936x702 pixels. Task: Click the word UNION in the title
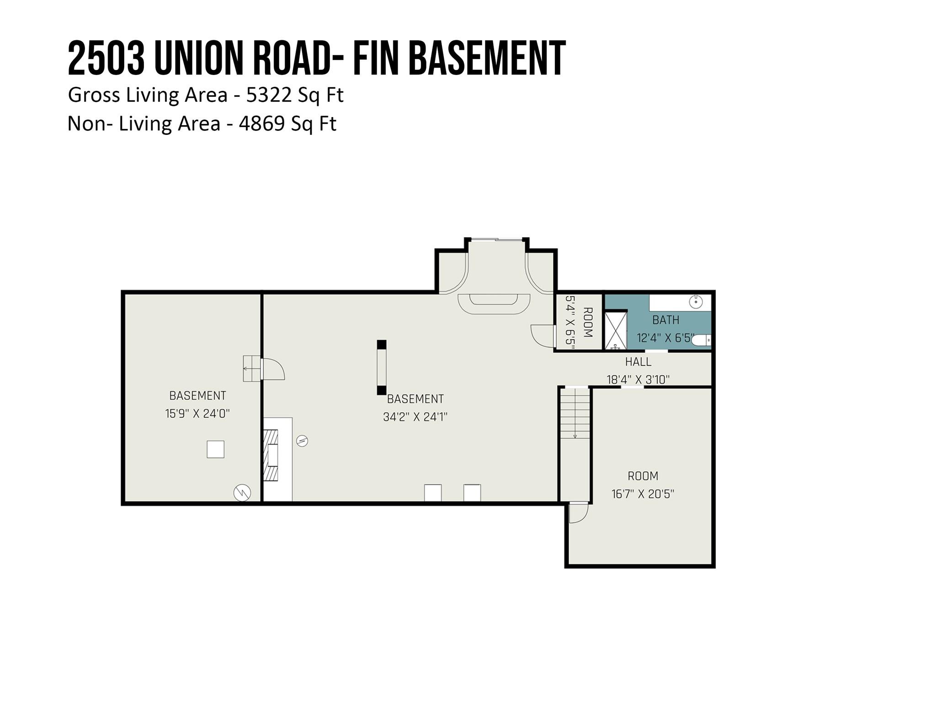coord(199,58)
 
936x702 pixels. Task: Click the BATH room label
coord(665,320)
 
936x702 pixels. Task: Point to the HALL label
coord(638,362)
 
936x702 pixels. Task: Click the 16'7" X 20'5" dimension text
coord(643,494)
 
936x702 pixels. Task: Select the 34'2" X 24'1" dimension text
coord(415,417)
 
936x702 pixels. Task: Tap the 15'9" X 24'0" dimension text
coord(197,414)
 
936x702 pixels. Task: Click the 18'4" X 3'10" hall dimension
coord(638,379)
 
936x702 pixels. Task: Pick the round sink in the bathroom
coord(695,302)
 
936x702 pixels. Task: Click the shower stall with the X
coord(616,330)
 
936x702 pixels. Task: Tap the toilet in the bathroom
coord(701,340)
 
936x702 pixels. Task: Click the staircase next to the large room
coord(575,413)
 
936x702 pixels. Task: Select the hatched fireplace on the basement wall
coord(271,455)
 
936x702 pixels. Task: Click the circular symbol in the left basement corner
coord(242,492)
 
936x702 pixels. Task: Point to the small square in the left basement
coord(215,449)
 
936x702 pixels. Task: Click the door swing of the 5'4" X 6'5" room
coord(542,336)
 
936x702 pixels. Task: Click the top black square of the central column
coord(381,345)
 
